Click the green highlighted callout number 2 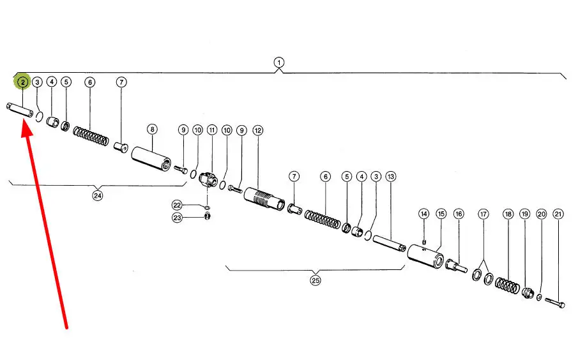(22, 82)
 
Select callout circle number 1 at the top (278, 63)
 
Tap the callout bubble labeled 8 (152, 129)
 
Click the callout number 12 (258, 130)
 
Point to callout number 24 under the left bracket (98, 196)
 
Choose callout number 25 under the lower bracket (315, 280)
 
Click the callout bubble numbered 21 (558, 214)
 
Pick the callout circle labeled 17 (483, 214)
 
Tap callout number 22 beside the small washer (177, 205)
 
